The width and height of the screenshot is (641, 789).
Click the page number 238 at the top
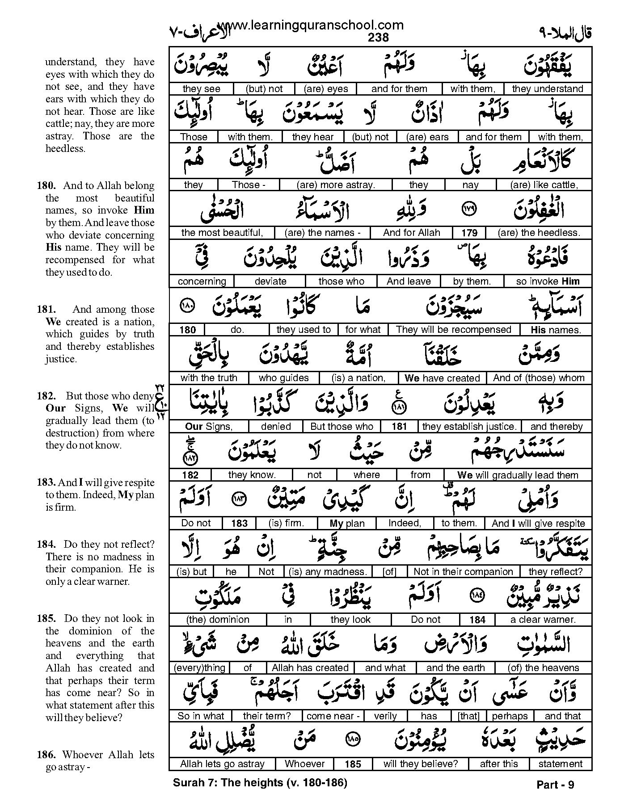(378, 38)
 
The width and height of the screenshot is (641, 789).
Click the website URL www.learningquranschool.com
(310, 26)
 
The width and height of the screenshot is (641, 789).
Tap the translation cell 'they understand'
(547, 89)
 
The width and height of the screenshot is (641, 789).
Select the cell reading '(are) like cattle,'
(544, 185)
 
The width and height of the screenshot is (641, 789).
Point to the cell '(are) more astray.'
(335, 185)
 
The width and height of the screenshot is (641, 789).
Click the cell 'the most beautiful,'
(222, 233)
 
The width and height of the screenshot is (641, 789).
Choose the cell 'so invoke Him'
(548, 281)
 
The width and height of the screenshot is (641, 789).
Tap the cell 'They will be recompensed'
(453, 330)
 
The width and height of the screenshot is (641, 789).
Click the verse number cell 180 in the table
(187, 330)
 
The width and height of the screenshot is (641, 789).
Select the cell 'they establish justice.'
(469, 427)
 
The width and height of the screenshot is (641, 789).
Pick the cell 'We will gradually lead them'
(518, 475)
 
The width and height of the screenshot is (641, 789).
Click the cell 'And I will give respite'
(538, 523)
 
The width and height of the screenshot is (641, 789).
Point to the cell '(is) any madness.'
(328, 571)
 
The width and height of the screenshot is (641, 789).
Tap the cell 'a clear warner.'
(543, 620)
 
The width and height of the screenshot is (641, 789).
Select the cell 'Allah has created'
(310, 668)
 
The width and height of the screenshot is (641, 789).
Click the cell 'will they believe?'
(421, 764)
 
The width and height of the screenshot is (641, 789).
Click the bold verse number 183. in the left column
(46, 483)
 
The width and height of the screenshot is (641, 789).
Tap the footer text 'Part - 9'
(555, 785)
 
